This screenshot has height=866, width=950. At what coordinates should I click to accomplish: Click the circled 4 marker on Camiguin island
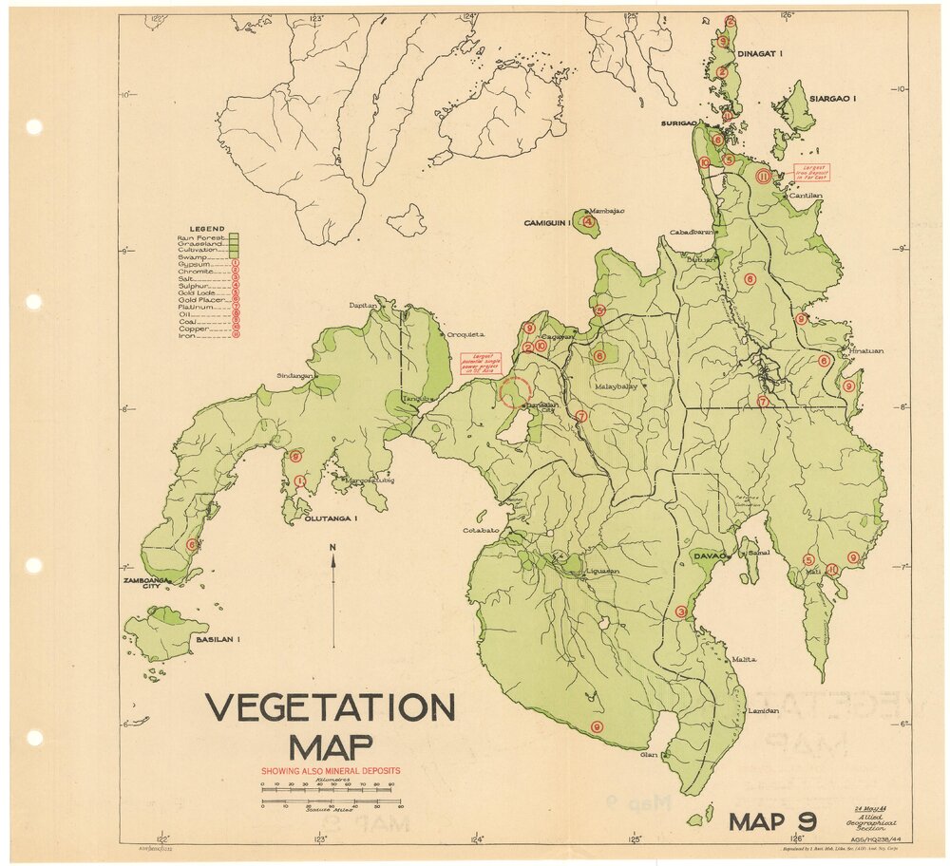[x=589, y=223]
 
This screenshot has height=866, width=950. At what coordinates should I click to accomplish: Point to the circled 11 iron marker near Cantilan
[x=763, y=176]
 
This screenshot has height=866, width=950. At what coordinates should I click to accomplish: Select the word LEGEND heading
[x=206, y=229]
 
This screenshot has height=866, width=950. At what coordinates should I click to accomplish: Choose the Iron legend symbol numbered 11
[x=235, y=335]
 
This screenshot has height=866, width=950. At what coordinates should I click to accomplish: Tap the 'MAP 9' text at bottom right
[x=772, y=821]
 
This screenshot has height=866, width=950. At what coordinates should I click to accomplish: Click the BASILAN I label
[x=218, y=640]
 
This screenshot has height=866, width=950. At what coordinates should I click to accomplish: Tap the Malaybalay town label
[x=617, y=386]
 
